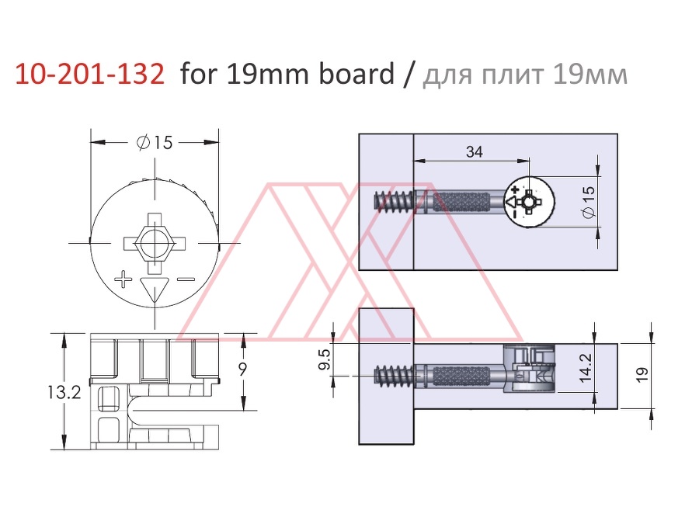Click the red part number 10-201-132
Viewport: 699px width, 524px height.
[x=89, y=74]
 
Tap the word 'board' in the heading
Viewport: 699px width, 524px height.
[x=356, y=73]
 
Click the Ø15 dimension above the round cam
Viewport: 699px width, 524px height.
[x=155, y=143]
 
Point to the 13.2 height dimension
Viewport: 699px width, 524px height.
[x=64, y=393]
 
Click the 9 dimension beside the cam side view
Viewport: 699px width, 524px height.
[x=243, y=370]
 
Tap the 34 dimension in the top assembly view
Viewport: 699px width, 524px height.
[x=475, y=152]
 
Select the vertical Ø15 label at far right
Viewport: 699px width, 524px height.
[x=589, y=202]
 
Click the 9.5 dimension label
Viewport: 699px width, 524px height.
[x=325, y=359]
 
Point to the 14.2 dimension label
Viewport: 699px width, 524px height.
[x=586, y=368]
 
